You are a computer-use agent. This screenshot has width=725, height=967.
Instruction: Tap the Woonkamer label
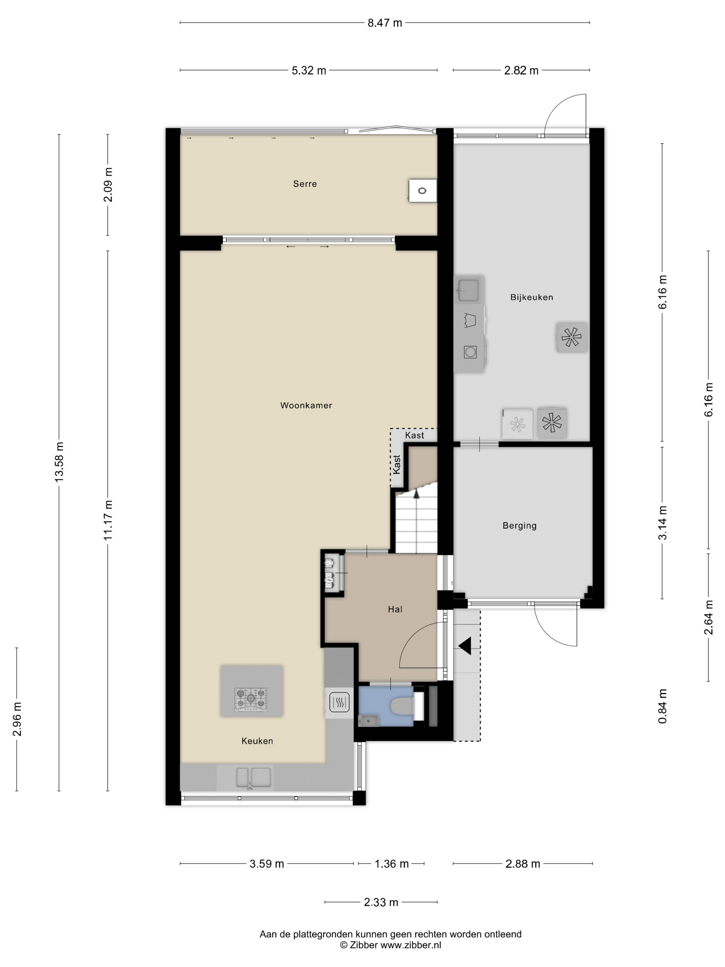306,405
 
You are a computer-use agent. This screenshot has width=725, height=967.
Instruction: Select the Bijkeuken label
531,297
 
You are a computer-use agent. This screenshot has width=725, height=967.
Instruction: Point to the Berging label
519,526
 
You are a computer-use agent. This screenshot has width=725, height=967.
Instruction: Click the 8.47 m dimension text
385,23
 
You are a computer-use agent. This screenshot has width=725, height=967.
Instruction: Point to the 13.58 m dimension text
59,462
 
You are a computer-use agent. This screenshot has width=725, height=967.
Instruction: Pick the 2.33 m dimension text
381,902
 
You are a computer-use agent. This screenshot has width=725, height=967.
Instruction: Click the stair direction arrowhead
416,494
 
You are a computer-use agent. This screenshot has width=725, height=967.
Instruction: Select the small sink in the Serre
423,191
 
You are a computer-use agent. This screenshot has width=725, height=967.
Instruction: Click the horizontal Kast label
414,435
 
